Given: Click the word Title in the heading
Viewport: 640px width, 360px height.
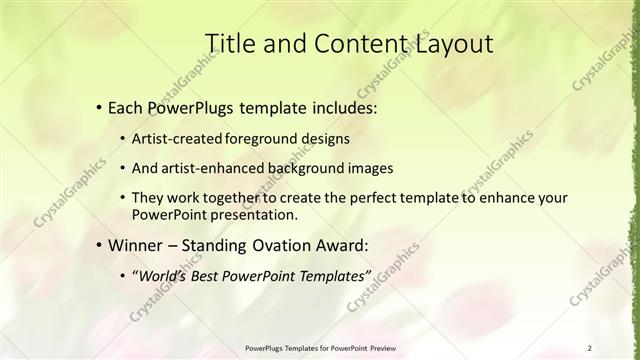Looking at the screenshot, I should pos(228,43).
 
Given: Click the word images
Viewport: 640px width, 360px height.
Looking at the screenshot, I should pos(361,168).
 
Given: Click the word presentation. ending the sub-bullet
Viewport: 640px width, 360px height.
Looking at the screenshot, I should pos(253,215).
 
